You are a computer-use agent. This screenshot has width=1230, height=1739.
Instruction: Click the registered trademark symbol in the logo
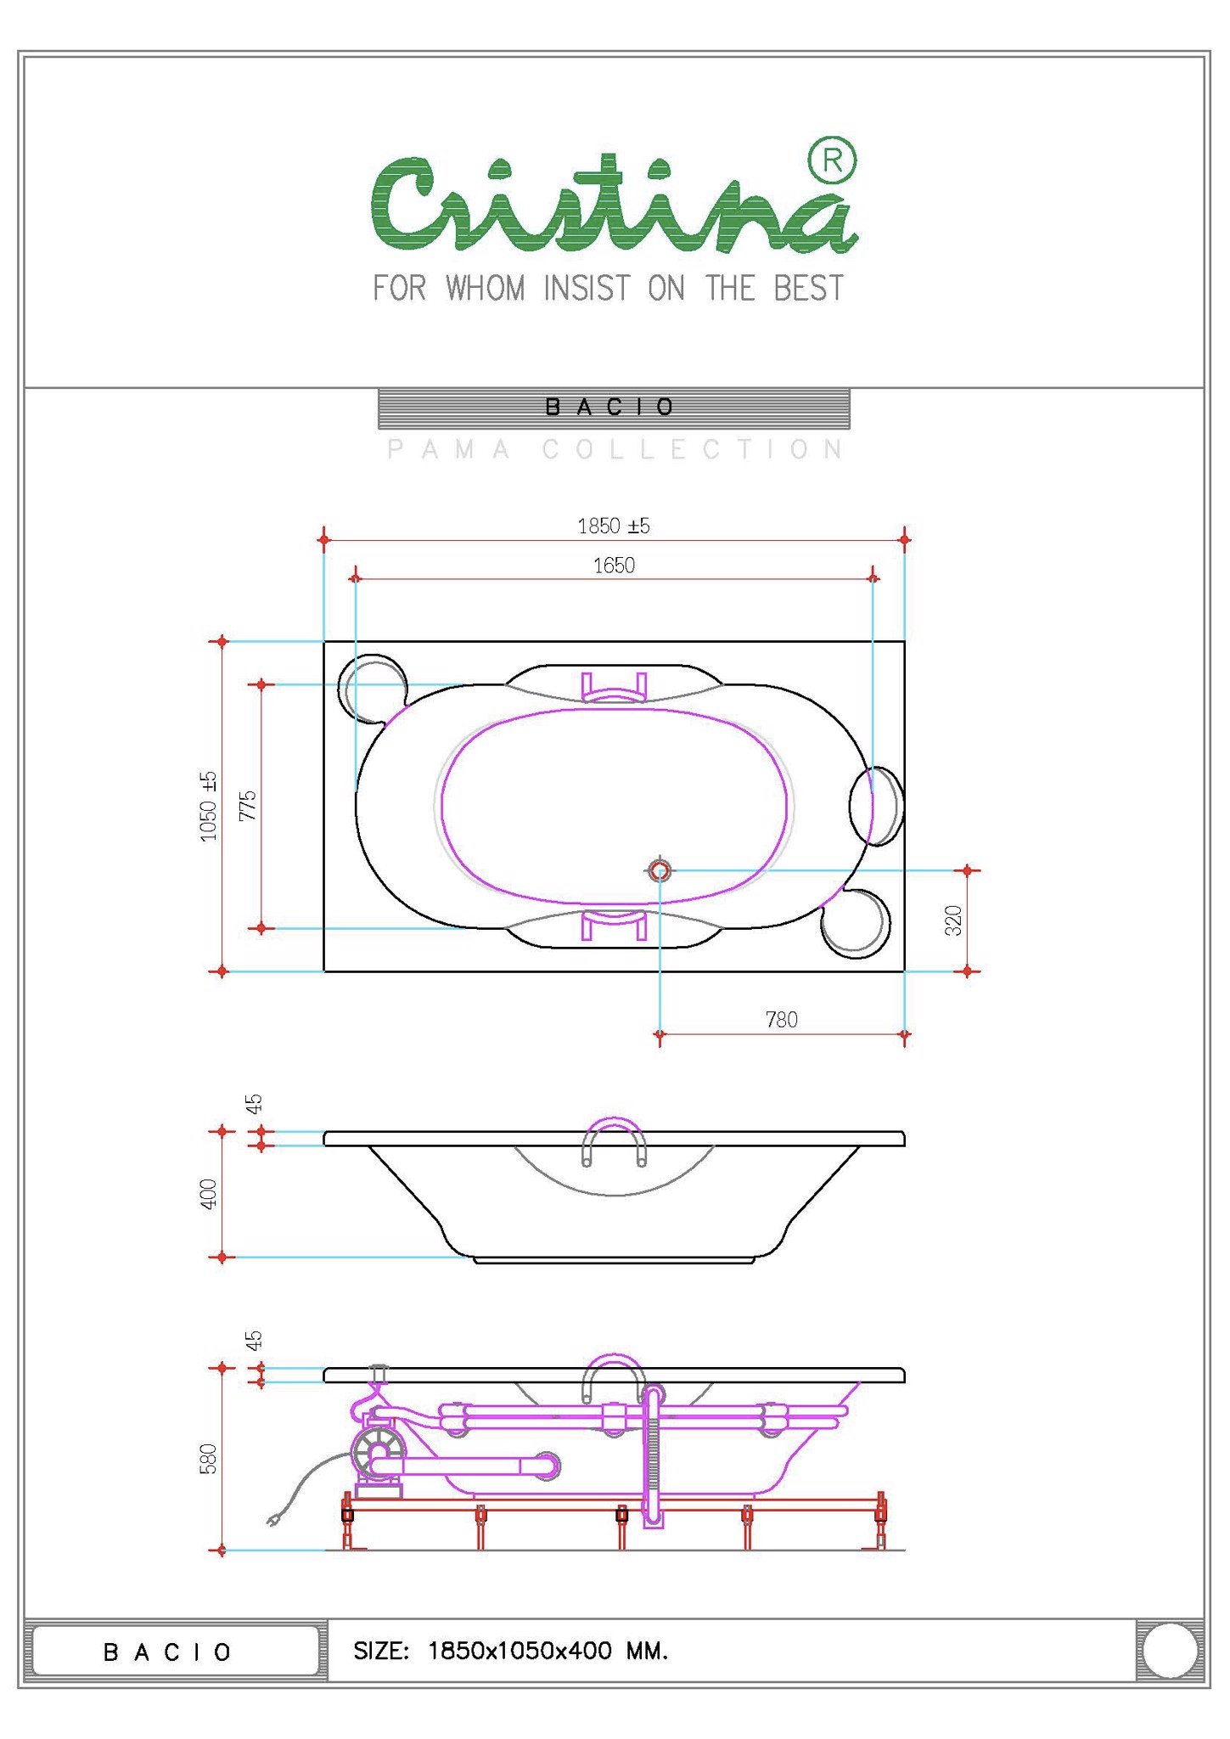coord(832,160)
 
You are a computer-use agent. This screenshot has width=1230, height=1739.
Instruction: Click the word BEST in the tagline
coord(808,289)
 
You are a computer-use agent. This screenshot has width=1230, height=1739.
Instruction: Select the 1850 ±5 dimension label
coord(614,526)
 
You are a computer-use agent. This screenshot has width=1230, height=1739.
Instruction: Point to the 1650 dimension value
coord(614,566)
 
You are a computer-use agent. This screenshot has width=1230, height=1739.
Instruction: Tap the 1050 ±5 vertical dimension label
coord(209,807)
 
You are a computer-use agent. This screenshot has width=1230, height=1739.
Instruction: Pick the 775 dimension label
coord(247,806)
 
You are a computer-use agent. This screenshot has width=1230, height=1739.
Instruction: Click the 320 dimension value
coord(953,920)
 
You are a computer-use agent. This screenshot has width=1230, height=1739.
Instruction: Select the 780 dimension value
coord(782,1020)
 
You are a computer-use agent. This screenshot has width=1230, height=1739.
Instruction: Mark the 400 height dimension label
coord(209,1194)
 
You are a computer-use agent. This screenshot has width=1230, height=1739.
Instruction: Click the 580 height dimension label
coord(209,1459)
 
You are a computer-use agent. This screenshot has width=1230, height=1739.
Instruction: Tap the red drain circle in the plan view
coord(660,870)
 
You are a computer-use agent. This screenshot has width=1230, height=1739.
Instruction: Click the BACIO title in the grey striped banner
coord(609,408)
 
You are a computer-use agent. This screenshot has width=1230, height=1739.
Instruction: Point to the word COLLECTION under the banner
coord(693,449)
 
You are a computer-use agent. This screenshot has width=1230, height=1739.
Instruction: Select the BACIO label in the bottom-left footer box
coord(167,1652)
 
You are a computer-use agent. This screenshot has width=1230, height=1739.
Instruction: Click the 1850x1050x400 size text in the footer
coord(520,1651)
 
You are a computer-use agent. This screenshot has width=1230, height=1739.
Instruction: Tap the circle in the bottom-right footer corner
coord(1170,1651)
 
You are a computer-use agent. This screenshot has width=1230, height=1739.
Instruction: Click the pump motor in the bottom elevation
coord(379,1454)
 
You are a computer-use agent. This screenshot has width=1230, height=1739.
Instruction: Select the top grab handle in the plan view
coord(614,688)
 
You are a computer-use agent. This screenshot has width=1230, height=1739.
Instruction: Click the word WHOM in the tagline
coord(486,289)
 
